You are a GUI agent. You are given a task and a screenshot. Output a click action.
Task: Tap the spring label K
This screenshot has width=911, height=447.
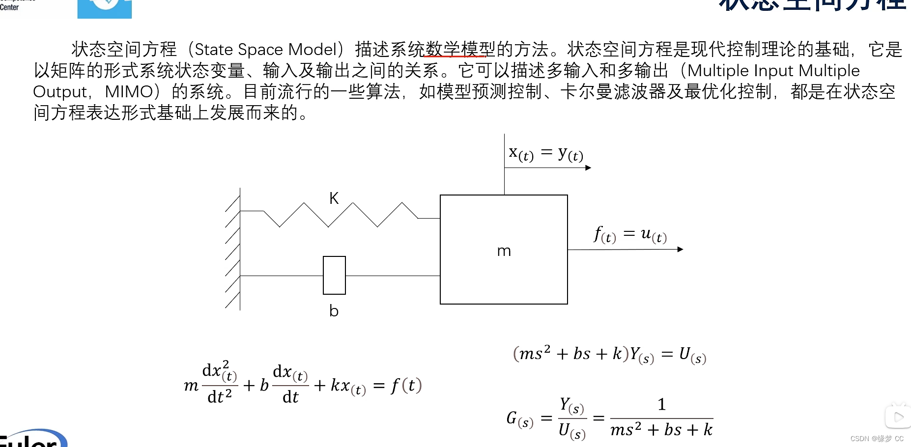point(334,198)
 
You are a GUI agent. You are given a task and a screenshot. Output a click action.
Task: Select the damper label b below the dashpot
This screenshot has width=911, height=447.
point(334,311)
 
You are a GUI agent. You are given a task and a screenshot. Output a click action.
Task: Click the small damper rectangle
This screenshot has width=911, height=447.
point(334,275)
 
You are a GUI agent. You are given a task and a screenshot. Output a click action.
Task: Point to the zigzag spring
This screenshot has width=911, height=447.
point(340,215)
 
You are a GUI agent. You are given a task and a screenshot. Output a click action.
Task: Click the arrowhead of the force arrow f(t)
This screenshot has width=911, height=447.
point(680,249)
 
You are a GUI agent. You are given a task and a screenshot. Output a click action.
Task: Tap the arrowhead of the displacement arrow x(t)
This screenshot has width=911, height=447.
point(588,168)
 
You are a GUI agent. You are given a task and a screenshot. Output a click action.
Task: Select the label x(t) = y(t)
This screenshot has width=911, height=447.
point(546,154)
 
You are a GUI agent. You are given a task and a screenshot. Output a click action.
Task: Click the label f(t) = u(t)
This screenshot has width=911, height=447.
point(630,234)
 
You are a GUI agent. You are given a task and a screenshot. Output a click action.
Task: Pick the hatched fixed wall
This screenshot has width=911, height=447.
point(233,249)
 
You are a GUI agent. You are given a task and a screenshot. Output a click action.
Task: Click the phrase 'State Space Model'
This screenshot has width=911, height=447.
point(266,50)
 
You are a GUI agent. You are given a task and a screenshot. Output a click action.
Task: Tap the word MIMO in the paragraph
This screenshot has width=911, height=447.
point(129,92)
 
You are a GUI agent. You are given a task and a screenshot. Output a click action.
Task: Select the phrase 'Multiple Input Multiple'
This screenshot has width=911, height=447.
point(773,71)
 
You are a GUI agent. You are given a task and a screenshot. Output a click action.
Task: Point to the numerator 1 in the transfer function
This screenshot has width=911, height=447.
point(661,404)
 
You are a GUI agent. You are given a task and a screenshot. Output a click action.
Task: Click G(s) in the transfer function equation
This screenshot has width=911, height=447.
point(519,419)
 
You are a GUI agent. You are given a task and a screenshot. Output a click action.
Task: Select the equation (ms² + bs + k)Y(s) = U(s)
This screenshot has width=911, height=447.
point(609,354)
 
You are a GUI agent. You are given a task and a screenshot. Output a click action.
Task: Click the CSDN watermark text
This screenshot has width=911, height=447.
point(877,439)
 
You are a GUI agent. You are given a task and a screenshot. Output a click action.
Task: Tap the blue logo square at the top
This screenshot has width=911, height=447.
point(104,8)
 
